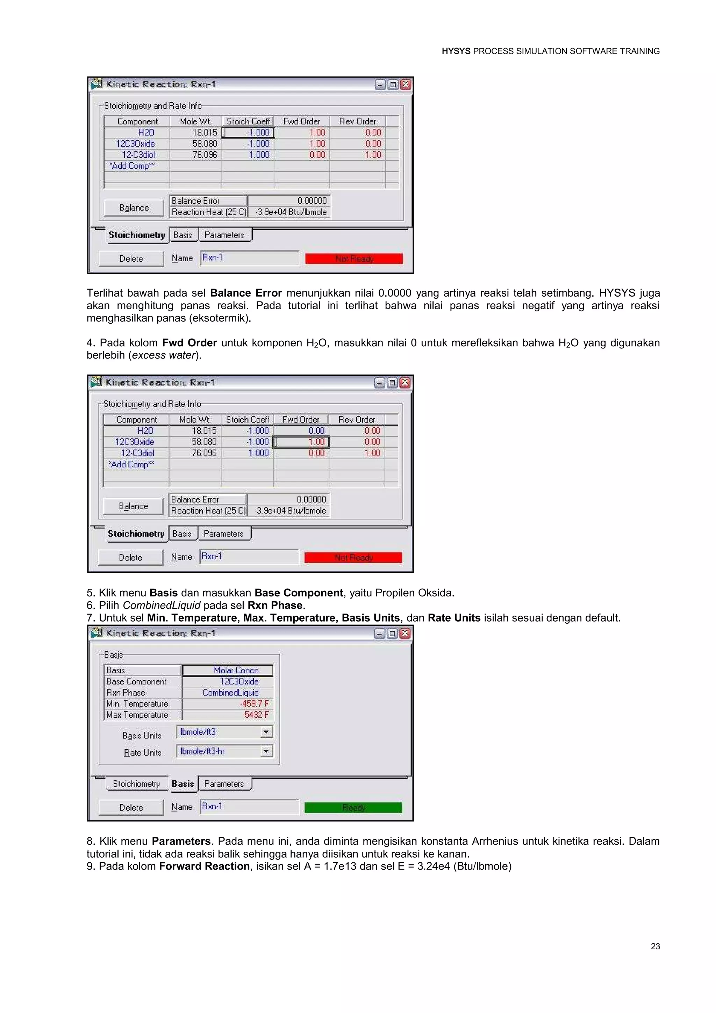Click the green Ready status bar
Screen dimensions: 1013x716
point(353,807)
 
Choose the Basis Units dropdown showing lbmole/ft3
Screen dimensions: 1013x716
point(224,732)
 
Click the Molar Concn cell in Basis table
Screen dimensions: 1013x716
point(228,670)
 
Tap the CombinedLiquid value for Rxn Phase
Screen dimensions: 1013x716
point(228,693)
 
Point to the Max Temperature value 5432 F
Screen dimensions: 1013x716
point(256,715)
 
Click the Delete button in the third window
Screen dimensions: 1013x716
point(131,807)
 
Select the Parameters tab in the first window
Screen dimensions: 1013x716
point(224,235)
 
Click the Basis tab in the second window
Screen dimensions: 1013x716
point(182,534)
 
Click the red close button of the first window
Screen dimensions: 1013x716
point(406,85)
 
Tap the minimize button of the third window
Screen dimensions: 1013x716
point(379,634)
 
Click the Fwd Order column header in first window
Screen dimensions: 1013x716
point(302,121)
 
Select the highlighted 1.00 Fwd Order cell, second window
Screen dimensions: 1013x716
point(302,442)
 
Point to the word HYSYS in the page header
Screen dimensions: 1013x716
point(456,51)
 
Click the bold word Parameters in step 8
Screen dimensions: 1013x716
point(181,841)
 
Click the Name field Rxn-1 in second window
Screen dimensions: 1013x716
point(249,557)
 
